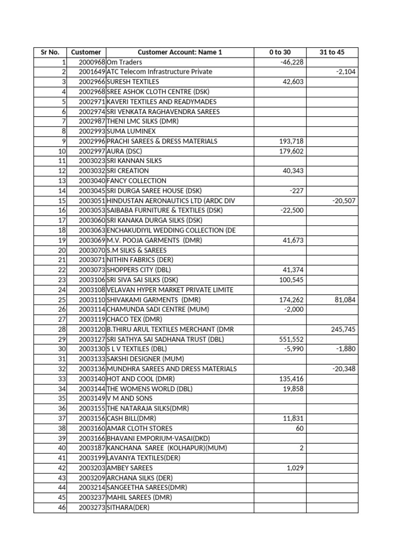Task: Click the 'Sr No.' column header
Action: point(50,52)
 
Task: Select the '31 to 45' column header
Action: point(332,52)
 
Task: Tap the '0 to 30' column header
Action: point(280,52)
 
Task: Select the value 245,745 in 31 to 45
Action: point(344,329)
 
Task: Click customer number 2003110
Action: point(92,300)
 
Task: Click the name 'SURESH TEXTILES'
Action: point(133,82)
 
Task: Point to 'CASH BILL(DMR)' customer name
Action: point(131,418)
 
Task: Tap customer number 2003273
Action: point(92,507)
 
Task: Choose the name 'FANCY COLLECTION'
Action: point(137,181)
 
